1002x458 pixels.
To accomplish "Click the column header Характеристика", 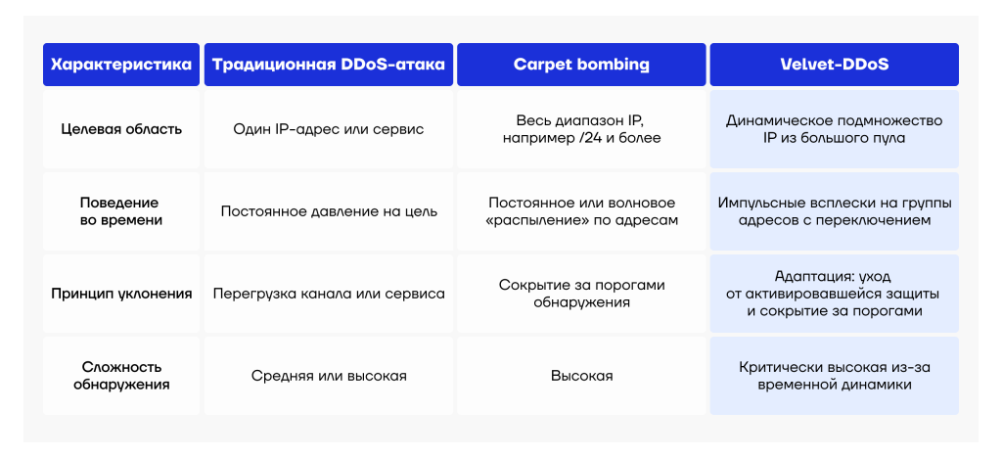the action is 121,65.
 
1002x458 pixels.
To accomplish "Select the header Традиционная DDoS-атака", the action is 329,65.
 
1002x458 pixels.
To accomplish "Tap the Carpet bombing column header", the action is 581,65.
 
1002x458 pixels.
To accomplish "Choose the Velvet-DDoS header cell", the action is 834,65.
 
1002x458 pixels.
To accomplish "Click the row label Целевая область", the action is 121,129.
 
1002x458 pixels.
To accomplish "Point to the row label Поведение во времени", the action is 121,211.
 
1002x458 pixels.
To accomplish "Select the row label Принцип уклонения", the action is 121,294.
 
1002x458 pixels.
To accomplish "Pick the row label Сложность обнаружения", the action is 121,376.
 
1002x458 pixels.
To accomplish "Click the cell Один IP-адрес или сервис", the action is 329,129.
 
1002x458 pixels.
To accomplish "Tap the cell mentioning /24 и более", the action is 581,129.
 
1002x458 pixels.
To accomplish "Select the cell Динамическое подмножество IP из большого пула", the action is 834,129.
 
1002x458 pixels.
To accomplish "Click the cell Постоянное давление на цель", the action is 329,211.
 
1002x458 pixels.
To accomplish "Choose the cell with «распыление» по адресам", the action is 581,211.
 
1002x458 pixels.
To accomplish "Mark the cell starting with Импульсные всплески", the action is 834,211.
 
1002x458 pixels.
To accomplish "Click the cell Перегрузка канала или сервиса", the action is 329,294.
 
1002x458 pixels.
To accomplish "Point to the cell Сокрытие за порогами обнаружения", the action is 581,294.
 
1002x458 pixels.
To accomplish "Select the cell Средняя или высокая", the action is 329,376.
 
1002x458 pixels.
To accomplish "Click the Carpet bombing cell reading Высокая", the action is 581,376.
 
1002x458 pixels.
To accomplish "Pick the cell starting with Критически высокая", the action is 834,376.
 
